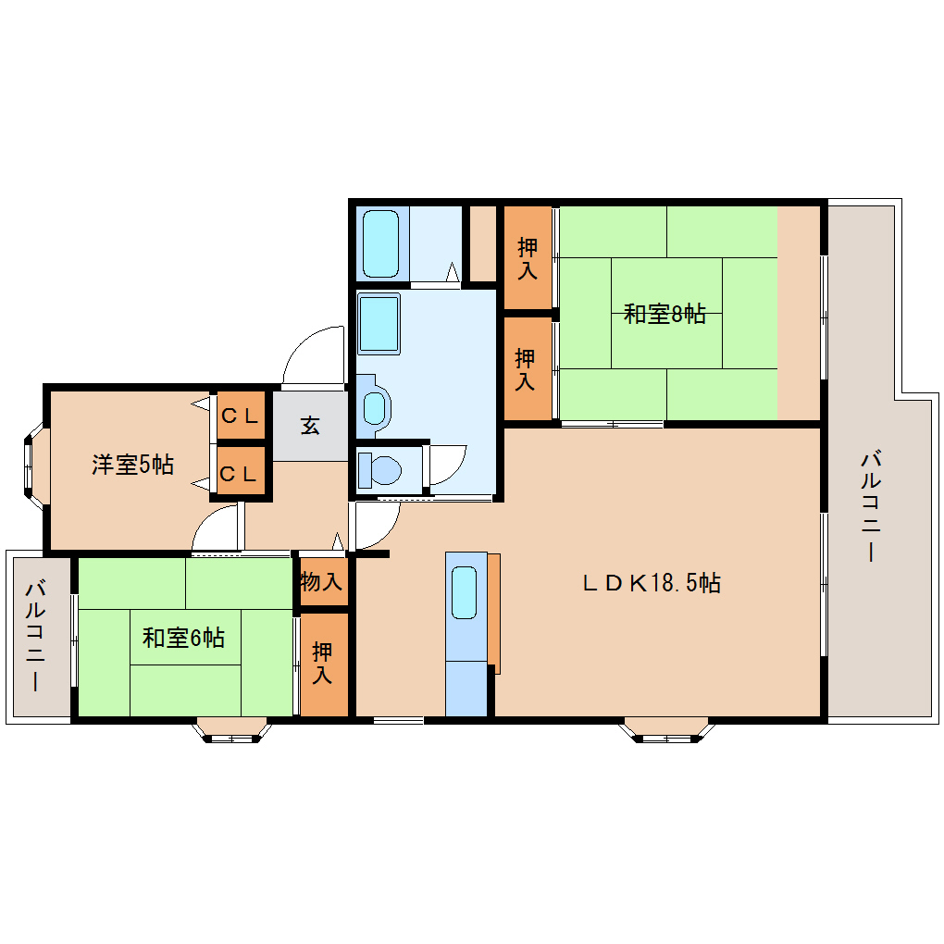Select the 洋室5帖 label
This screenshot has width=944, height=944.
(132, 464)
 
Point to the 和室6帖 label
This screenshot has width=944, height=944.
(183, 638)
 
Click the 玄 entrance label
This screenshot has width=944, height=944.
(310, 426)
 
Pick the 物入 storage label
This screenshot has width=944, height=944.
(322, 583)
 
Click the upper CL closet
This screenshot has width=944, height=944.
(240, 416)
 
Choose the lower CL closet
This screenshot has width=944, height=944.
(240, 474)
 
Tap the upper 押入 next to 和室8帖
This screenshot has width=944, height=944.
(528, 258)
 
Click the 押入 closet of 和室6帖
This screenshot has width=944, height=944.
(322, 664)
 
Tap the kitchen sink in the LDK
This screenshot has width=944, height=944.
(464, 593)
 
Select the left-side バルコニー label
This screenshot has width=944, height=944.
(37, 636)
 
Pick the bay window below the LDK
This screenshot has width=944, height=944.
(666, 730)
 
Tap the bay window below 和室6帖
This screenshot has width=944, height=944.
(232, 730)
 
